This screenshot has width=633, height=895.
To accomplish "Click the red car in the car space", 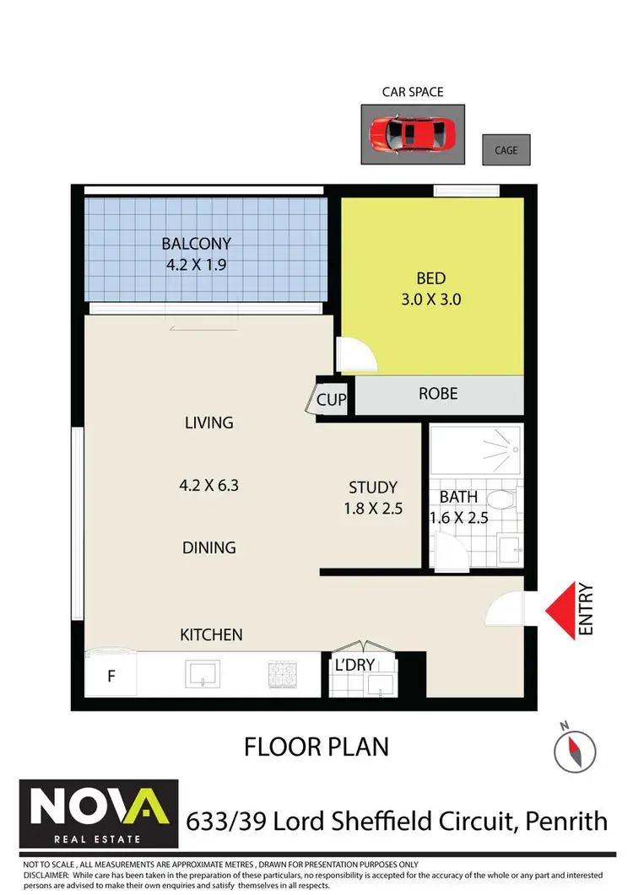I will tap(413, 134).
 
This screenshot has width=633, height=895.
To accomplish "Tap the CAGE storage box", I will tap(506, 150).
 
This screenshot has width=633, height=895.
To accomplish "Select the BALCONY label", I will tap(197, 244).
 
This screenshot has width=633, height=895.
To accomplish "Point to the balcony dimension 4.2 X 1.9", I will tap(197, 263).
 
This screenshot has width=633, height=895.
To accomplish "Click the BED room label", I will tap(430, 278).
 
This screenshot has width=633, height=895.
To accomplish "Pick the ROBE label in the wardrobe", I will tap(439, 394).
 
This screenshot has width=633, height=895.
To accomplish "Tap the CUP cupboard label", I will tap(331, 399).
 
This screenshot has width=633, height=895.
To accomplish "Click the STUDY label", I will tap(373, 488).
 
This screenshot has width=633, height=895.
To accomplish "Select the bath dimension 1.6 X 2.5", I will tap(460, 518).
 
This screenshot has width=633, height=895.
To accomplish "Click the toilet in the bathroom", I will tap(505, 499).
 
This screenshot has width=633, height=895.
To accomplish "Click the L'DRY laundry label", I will tap(354, 666).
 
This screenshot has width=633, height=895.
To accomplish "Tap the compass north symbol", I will tap(571, 746).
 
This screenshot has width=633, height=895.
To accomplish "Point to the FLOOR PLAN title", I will tap(316, 747).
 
